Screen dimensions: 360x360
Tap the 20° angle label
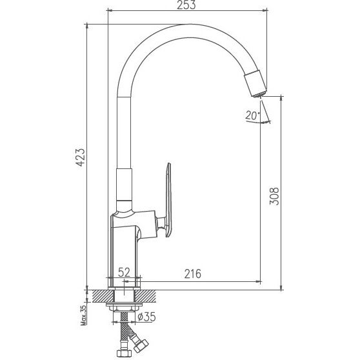point(252,115)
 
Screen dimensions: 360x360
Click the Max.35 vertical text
point(84,316)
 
